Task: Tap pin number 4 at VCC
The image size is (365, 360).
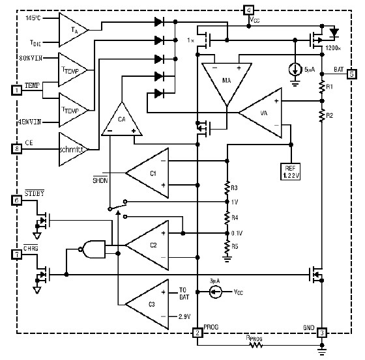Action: tap(250, 10)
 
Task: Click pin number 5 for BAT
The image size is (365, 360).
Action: tap(352, 74)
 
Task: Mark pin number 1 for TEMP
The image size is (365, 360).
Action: tap(16, 90)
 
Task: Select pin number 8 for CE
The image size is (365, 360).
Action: tap(16, 148)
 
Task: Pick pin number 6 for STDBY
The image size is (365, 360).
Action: tap(16, 202)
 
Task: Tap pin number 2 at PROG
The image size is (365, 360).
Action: tap(197, 333)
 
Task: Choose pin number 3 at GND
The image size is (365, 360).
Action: tap(322, 333)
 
